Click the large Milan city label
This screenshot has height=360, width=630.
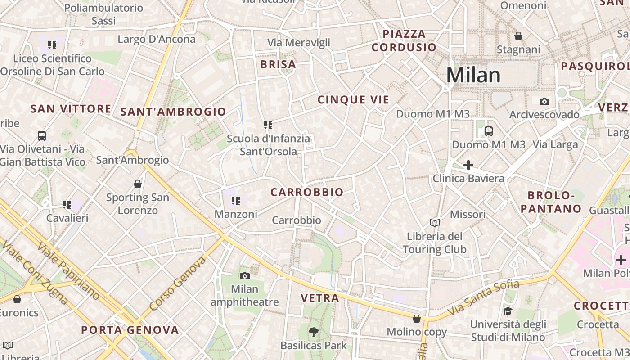point(473,75)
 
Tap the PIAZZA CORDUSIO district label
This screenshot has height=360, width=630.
point(404,40)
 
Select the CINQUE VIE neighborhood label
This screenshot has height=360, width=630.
point(353,100)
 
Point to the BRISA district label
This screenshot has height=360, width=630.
point(278,64)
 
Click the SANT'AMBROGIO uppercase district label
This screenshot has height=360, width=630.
point(173,112)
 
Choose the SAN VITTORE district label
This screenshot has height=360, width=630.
point(71,108)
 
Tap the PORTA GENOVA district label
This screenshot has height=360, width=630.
point(130,330)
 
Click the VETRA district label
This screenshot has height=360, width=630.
point(320,298)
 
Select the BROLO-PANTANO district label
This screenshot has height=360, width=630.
point(554,202)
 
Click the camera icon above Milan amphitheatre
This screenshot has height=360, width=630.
point(245,276)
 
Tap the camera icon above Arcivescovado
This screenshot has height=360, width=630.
point(544,101)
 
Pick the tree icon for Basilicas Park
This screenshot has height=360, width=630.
point(313,332)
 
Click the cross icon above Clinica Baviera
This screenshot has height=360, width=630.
point(468,165)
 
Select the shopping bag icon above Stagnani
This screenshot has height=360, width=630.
point(518,36)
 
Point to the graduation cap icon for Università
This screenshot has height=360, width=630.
point(508,311)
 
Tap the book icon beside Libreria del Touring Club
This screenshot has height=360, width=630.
point(434,223)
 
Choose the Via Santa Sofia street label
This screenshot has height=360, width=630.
point(483,298)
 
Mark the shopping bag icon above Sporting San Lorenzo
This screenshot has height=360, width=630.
point(138,184)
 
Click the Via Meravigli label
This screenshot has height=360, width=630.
point(299,42)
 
